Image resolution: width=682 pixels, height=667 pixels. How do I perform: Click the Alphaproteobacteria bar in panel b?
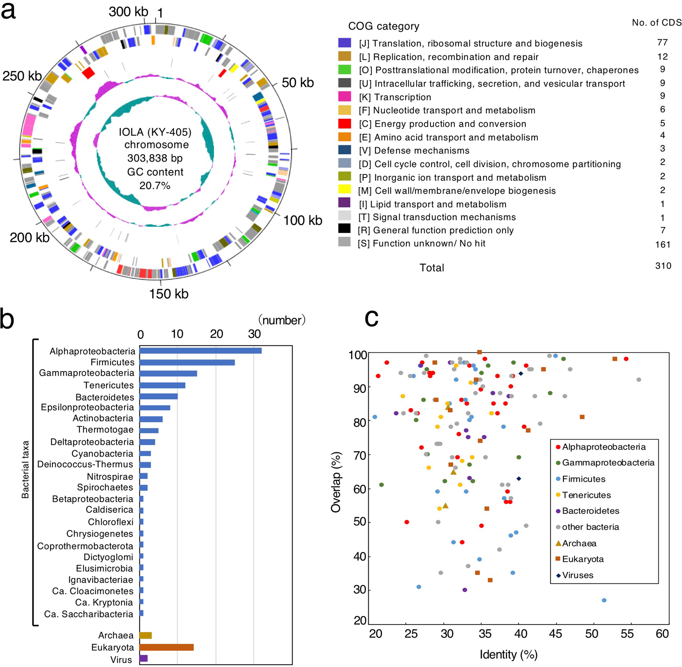point(200,351)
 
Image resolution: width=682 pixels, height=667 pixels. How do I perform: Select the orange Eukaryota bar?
point(166,647)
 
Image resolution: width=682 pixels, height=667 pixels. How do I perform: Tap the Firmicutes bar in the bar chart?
point(187,362)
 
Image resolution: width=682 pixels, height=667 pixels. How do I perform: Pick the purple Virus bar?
point(143,658)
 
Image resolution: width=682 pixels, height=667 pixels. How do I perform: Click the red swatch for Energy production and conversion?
point(344,124)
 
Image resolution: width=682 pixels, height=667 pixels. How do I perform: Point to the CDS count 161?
point(662,244)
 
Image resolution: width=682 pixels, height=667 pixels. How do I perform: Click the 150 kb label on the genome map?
point(169,294)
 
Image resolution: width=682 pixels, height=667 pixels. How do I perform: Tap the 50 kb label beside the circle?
point(297,83)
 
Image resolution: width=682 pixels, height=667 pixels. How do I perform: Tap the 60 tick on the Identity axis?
point(662,634)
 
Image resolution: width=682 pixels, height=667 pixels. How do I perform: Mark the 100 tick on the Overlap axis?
point(357,355)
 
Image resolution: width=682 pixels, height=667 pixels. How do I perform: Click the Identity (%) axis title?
point(508,654)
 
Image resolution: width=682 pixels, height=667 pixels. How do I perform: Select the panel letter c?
point(371,318)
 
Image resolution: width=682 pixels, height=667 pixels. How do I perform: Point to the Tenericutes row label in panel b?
point(109,385)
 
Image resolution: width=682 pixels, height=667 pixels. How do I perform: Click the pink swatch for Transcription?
point(344,96)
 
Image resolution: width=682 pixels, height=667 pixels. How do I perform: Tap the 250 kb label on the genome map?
point(22,76)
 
